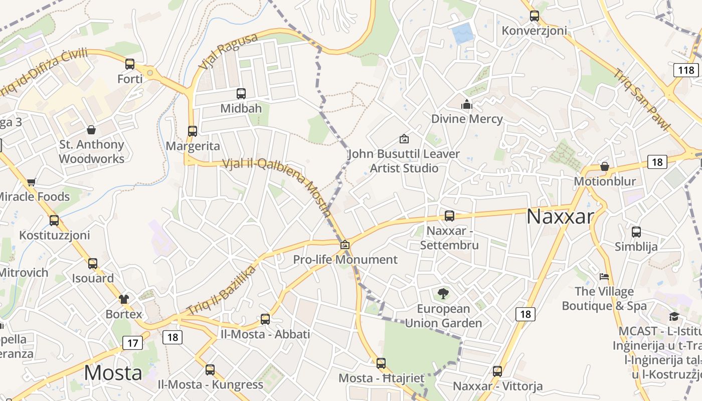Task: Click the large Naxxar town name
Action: click(560, 217)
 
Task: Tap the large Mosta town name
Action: click(113, 373)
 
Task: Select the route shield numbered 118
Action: click(686, 70)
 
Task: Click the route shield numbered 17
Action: click(132, 343)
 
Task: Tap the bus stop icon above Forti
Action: click(130, 64)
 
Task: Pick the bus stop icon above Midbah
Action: click(241, 94)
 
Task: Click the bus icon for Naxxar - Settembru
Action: click(449, 216)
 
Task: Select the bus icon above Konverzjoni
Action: click(535, 16)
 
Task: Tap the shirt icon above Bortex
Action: click(124, 299)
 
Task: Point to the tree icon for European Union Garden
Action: click(443, 294)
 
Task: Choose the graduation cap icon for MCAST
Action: click(674, 316)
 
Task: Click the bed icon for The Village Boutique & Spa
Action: click(604, 277)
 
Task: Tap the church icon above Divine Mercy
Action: click(467, 104)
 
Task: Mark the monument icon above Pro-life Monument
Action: click(345, 245)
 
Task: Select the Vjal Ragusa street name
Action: click(228, 51)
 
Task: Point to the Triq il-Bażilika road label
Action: click(221, 291)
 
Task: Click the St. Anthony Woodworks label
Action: click(92, 151)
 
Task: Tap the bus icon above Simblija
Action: click(636, 232)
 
